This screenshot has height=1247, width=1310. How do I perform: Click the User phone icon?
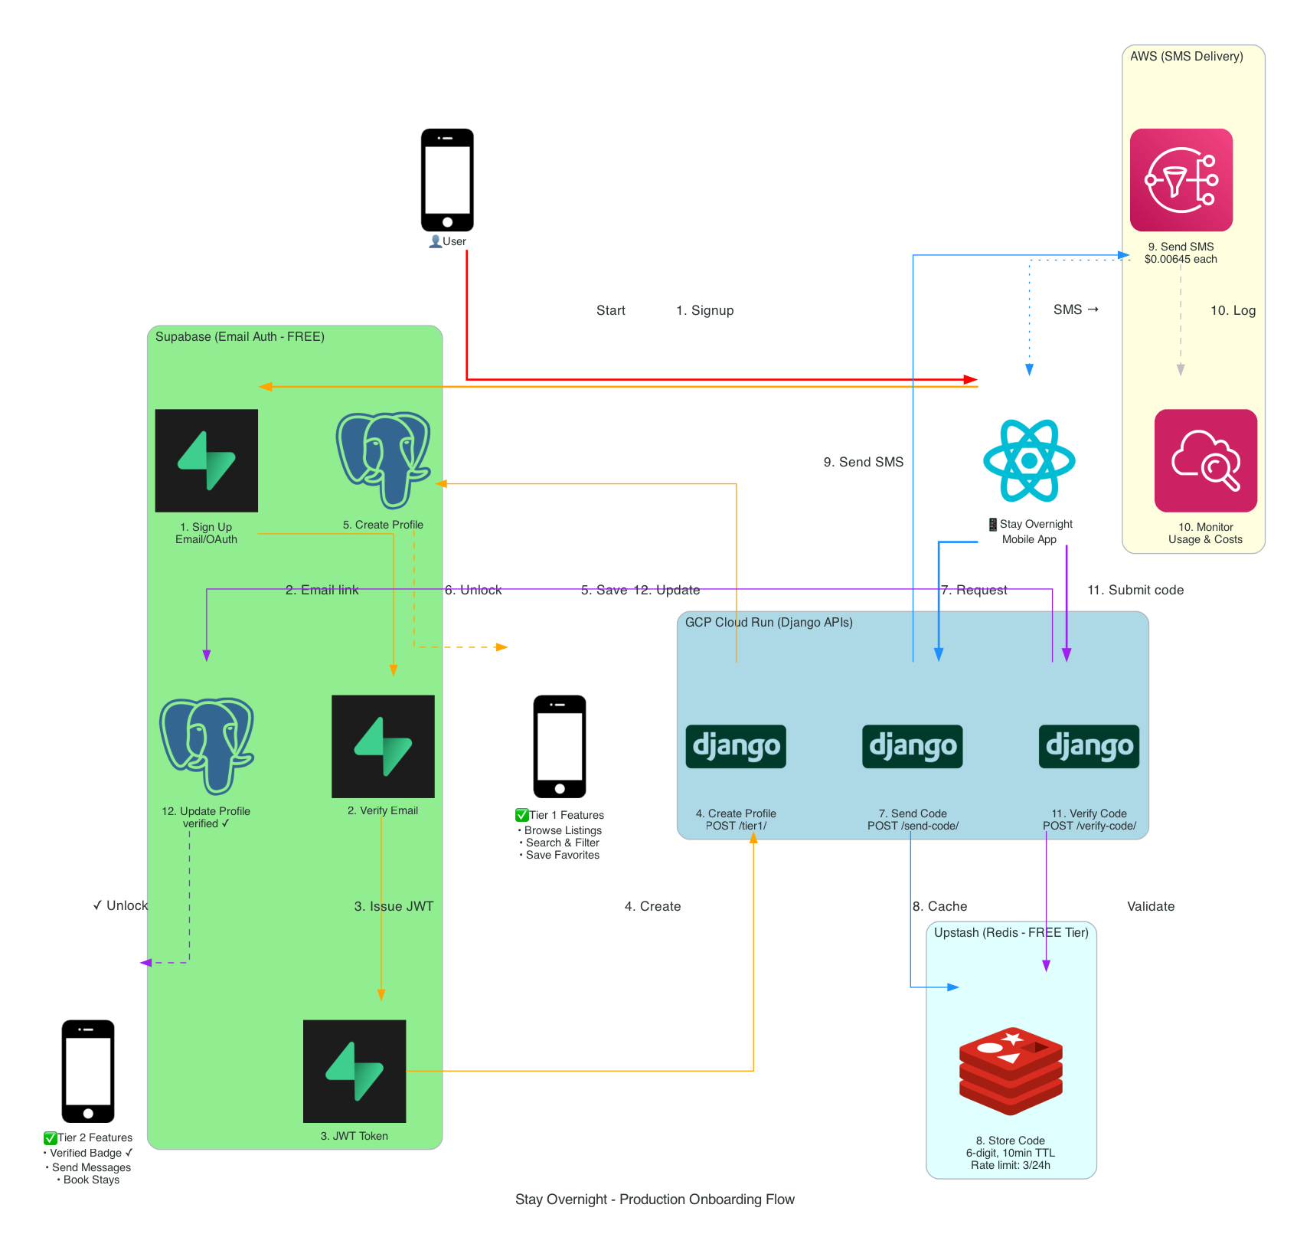click(447, 179)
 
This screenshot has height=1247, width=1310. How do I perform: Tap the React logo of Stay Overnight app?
click(1029, 460)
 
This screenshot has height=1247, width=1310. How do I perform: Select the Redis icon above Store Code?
click(1011, 1070)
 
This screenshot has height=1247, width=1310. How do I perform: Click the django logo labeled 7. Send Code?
click(913, 746)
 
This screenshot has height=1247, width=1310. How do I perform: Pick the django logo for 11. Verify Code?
click(1089, 746)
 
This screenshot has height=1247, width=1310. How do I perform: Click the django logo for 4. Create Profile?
click(736, 746)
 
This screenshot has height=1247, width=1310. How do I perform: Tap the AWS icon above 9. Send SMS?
click(1181, 180)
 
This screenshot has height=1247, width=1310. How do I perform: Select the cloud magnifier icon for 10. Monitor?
click(1205, 460)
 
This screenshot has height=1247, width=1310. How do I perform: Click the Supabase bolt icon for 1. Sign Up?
click(206, 460)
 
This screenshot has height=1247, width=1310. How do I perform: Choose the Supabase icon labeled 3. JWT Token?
click(354, 1071)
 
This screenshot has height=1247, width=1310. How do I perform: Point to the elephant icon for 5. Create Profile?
click(383, 460)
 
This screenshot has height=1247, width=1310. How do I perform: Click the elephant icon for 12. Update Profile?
click(206, 745)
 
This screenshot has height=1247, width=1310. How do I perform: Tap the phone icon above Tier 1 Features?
click(560, 746)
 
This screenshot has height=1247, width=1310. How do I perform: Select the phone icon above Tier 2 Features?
click(88, 1071)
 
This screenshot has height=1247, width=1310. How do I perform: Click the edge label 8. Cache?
click(939, 906)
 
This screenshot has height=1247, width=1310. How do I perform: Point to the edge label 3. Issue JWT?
click(394, 906)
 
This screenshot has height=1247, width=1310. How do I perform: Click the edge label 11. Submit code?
click(1135, 590)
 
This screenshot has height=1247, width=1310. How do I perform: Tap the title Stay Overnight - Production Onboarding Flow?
click(655, 1200)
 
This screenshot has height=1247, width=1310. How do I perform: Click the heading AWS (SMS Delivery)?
click(1186, 56)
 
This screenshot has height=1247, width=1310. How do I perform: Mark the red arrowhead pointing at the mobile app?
click(971, 379)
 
